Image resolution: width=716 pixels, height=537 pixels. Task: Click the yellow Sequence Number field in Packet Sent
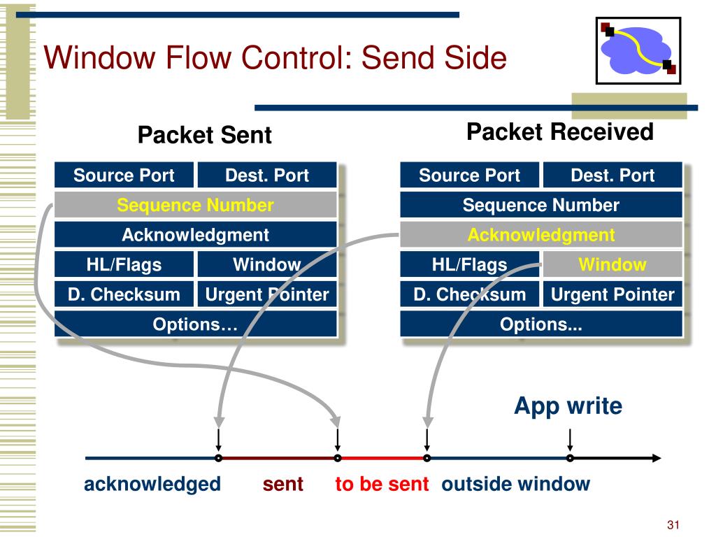tap(196, 205)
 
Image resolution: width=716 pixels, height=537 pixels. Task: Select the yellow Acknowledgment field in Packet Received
tap(541, 235)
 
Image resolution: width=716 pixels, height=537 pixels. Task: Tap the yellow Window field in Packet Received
tap(613, 264)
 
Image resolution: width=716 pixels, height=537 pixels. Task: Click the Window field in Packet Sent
tap(267, 264)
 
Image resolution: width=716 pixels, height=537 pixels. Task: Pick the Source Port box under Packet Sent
tap(124, 175)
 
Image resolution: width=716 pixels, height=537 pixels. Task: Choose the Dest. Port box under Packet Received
tap(613, 175)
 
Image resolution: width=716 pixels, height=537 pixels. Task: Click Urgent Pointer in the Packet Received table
tap(613, 294)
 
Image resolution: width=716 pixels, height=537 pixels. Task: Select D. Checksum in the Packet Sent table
tap(124, 294)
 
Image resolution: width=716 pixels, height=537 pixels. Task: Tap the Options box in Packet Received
tap(541, 324)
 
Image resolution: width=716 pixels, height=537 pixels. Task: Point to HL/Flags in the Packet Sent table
tap(124, 264)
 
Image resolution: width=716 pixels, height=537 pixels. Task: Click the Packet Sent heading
tap(205, 135)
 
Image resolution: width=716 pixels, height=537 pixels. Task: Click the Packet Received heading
tap(560, 132)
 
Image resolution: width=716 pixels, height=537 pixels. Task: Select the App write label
tap(568, 406)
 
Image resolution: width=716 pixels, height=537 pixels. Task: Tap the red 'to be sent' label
tap(382, 484)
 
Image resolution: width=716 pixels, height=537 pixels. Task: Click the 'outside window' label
tap(515, 484)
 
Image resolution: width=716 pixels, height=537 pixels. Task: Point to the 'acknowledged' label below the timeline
tap(152, 485)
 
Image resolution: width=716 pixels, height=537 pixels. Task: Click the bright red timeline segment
tap(382, 458)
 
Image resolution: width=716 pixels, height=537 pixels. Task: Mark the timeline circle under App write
tap(570, 458)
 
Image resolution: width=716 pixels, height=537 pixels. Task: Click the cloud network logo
tap(638, 50)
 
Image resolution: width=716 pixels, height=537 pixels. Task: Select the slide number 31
tap(673, 524)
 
